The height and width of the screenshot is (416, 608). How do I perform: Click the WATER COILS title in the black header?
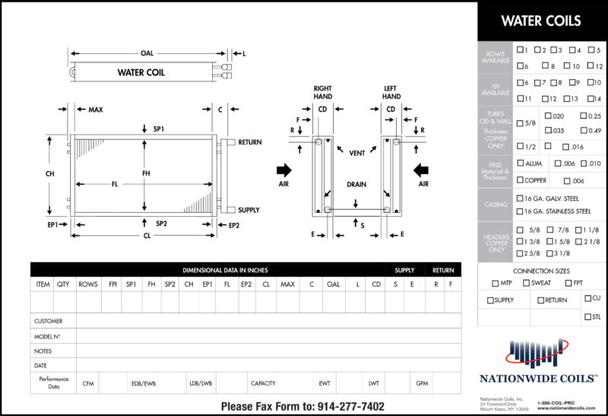(541, 21)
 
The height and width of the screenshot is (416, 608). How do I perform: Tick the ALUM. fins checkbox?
(520, 163)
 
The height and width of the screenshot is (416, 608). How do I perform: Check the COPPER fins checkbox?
(520, 180)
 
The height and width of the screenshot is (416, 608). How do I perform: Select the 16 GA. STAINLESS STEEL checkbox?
(520, 211)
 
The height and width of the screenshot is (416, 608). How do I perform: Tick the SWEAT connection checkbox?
(526, 283)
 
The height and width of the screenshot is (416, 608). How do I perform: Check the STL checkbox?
(587, 317)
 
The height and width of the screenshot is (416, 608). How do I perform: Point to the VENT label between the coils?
(356, 153)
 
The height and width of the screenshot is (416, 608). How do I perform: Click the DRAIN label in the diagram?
(356, 184)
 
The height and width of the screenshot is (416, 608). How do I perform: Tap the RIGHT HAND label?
(322, 93)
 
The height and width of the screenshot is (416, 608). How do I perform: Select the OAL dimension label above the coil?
(147, 53)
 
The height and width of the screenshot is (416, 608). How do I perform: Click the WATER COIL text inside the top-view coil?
(141, 73)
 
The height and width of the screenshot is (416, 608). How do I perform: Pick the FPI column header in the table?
(111, 284)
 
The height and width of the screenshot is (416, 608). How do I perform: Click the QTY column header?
(63, 284)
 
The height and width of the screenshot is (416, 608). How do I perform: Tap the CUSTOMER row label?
(49, 321)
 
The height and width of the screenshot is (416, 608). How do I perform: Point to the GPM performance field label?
(423, 383)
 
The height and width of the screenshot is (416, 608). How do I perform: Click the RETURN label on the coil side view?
(249, 142)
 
